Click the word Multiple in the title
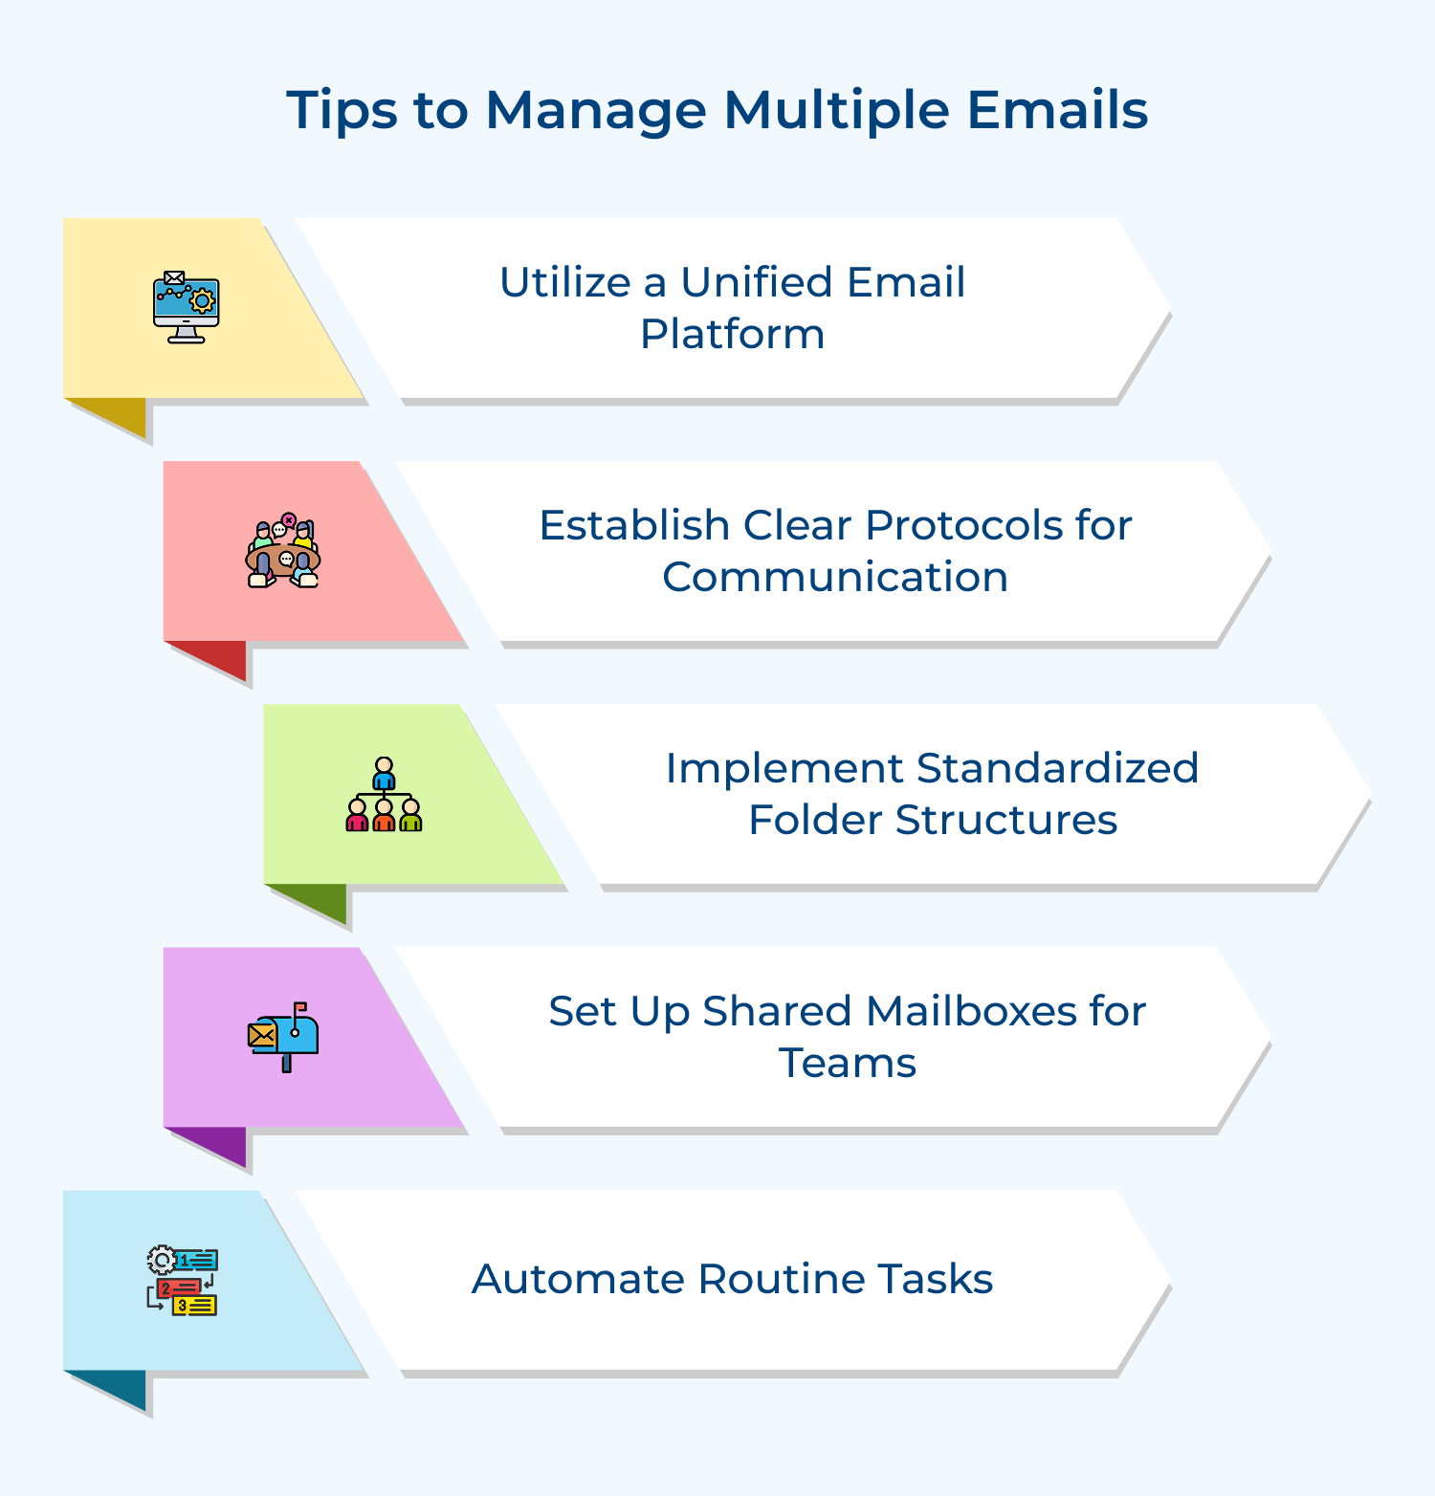(x=836, y=111)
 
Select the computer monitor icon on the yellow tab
(x=187, y=307)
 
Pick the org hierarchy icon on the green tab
(x=384, y=795)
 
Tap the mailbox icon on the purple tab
(x=283, y=1037)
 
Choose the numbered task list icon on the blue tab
(x=183, y=1281)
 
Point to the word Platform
(x=732, y=335)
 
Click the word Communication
(x=835, y=578)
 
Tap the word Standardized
(x=1057, y=769)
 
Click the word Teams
(x=848, y=1064)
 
